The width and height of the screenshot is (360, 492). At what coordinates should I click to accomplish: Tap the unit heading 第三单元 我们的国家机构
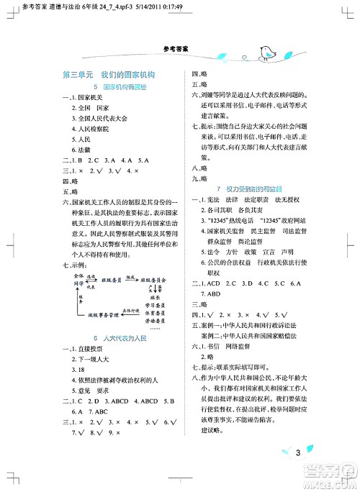(109, 75)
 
